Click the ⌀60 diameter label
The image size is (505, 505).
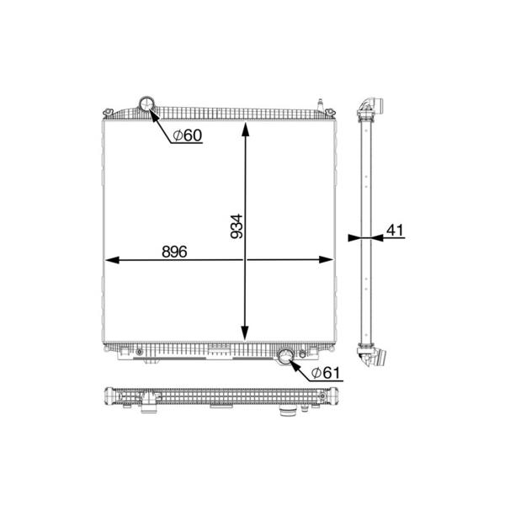click(187, 136)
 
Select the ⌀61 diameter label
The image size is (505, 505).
click(325, 373)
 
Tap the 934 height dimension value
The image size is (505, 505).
click(237, 226)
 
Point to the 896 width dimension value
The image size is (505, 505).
click(174, 252)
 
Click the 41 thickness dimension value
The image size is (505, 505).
click(395, 231)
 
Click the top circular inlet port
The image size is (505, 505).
click(146, 104)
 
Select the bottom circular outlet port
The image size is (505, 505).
click(285, 356)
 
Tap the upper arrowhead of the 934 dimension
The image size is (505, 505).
click(245, 129)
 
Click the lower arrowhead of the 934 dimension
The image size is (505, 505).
click(245, 333)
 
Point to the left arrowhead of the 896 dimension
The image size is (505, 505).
click(112, 260)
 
